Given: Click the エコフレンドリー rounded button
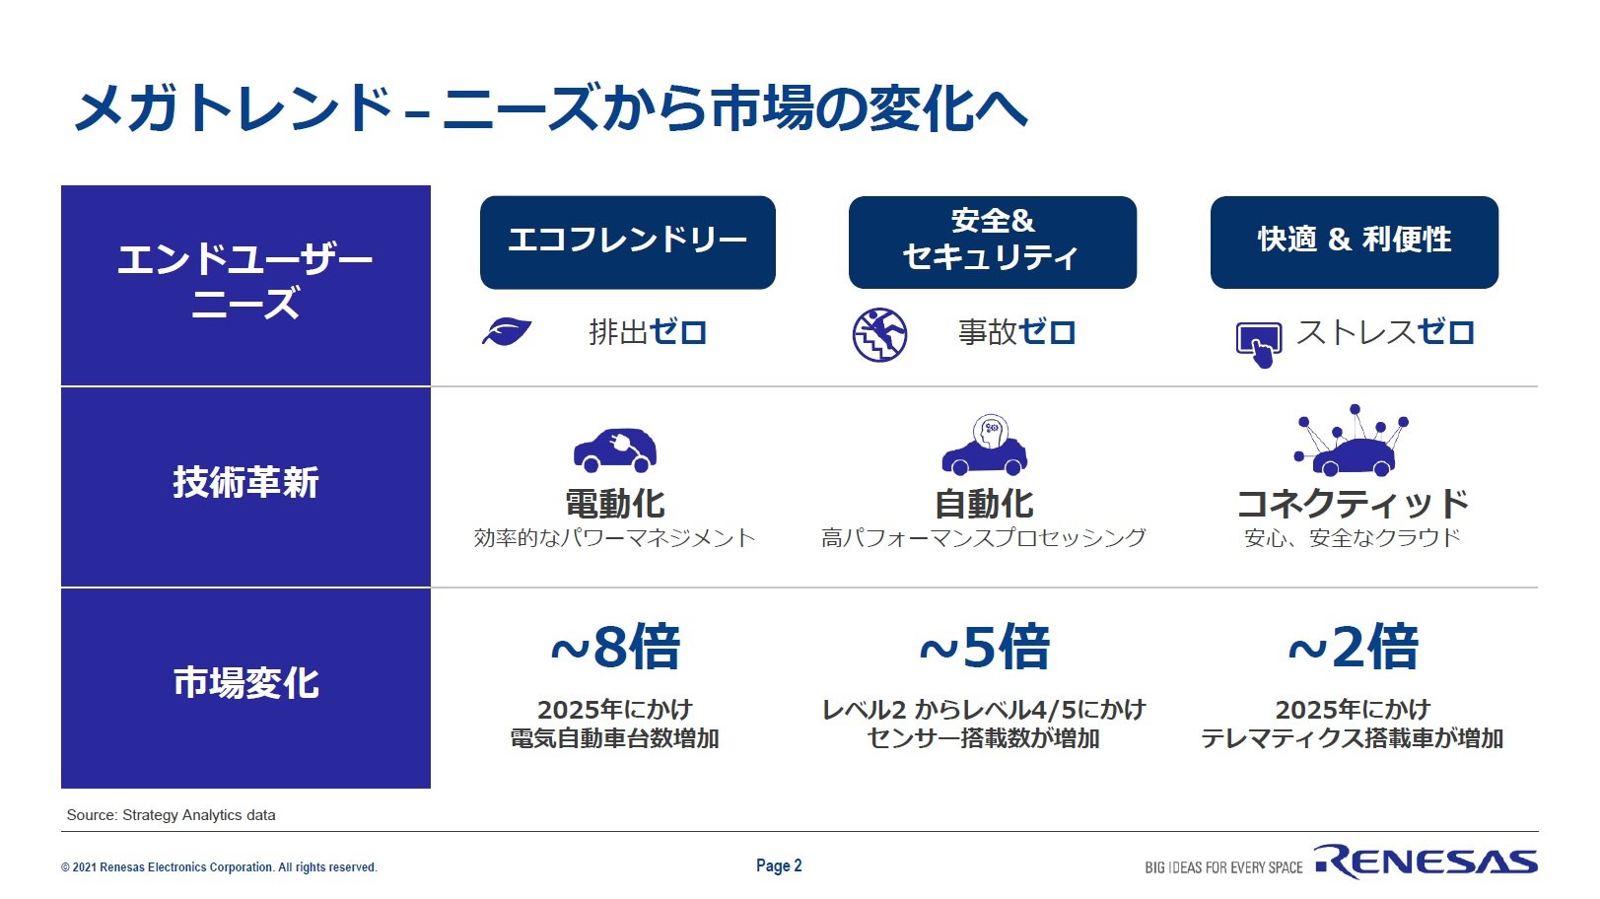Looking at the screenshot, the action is tap(627, 242).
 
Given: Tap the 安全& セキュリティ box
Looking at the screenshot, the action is tap(992, 242).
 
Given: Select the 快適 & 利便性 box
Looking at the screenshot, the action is tap(1355, 242).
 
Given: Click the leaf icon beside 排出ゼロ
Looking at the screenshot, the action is tap(507, 332).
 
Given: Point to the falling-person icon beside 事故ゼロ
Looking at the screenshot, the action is tap(880, 335).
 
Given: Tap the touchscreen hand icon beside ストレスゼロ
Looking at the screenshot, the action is tap(1259, 345).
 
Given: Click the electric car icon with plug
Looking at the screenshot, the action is tap(615, 449).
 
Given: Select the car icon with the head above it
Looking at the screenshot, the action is tap(984, 445).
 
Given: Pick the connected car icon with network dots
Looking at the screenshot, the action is tap(1350, 441).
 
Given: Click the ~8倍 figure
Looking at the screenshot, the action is tap(615, 647).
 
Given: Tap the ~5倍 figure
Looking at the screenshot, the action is tap(984, 647).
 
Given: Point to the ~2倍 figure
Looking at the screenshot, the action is tap(1353, 647).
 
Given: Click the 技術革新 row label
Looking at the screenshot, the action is tap(245, 482).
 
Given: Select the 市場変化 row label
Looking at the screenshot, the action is tap(245, 683).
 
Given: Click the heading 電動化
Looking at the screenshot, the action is tap(615, 504).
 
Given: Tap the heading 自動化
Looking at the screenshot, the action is tap(984, 504).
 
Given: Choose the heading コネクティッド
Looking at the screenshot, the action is tap(1353, 504).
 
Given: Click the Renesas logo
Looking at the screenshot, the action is tap(1426, 862).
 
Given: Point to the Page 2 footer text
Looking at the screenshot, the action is tap(779, 866).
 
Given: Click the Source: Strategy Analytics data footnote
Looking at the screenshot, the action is tap(171, 815).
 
